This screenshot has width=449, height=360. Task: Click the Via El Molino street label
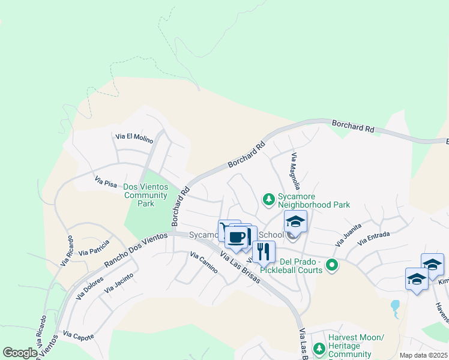tap(134, 137)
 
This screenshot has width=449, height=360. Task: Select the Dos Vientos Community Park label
tap(145, 195)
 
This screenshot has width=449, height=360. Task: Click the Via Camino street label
tap(203, 262)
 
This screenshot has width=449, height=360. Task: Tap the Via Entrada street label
tap(374, 240)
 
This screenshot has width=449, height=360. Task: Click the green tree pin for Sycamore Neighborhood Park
tap(269, 199)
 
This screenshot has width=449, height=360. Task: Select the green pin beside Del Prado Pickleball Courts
tap(331, 264)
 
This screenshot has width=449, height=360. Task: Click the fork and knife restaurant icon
tap(263, 251)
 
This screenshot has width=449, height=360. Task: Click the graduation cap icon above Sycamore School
tap(295, 221)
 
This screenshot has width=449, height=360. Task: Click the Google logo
tap(20, 353)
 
